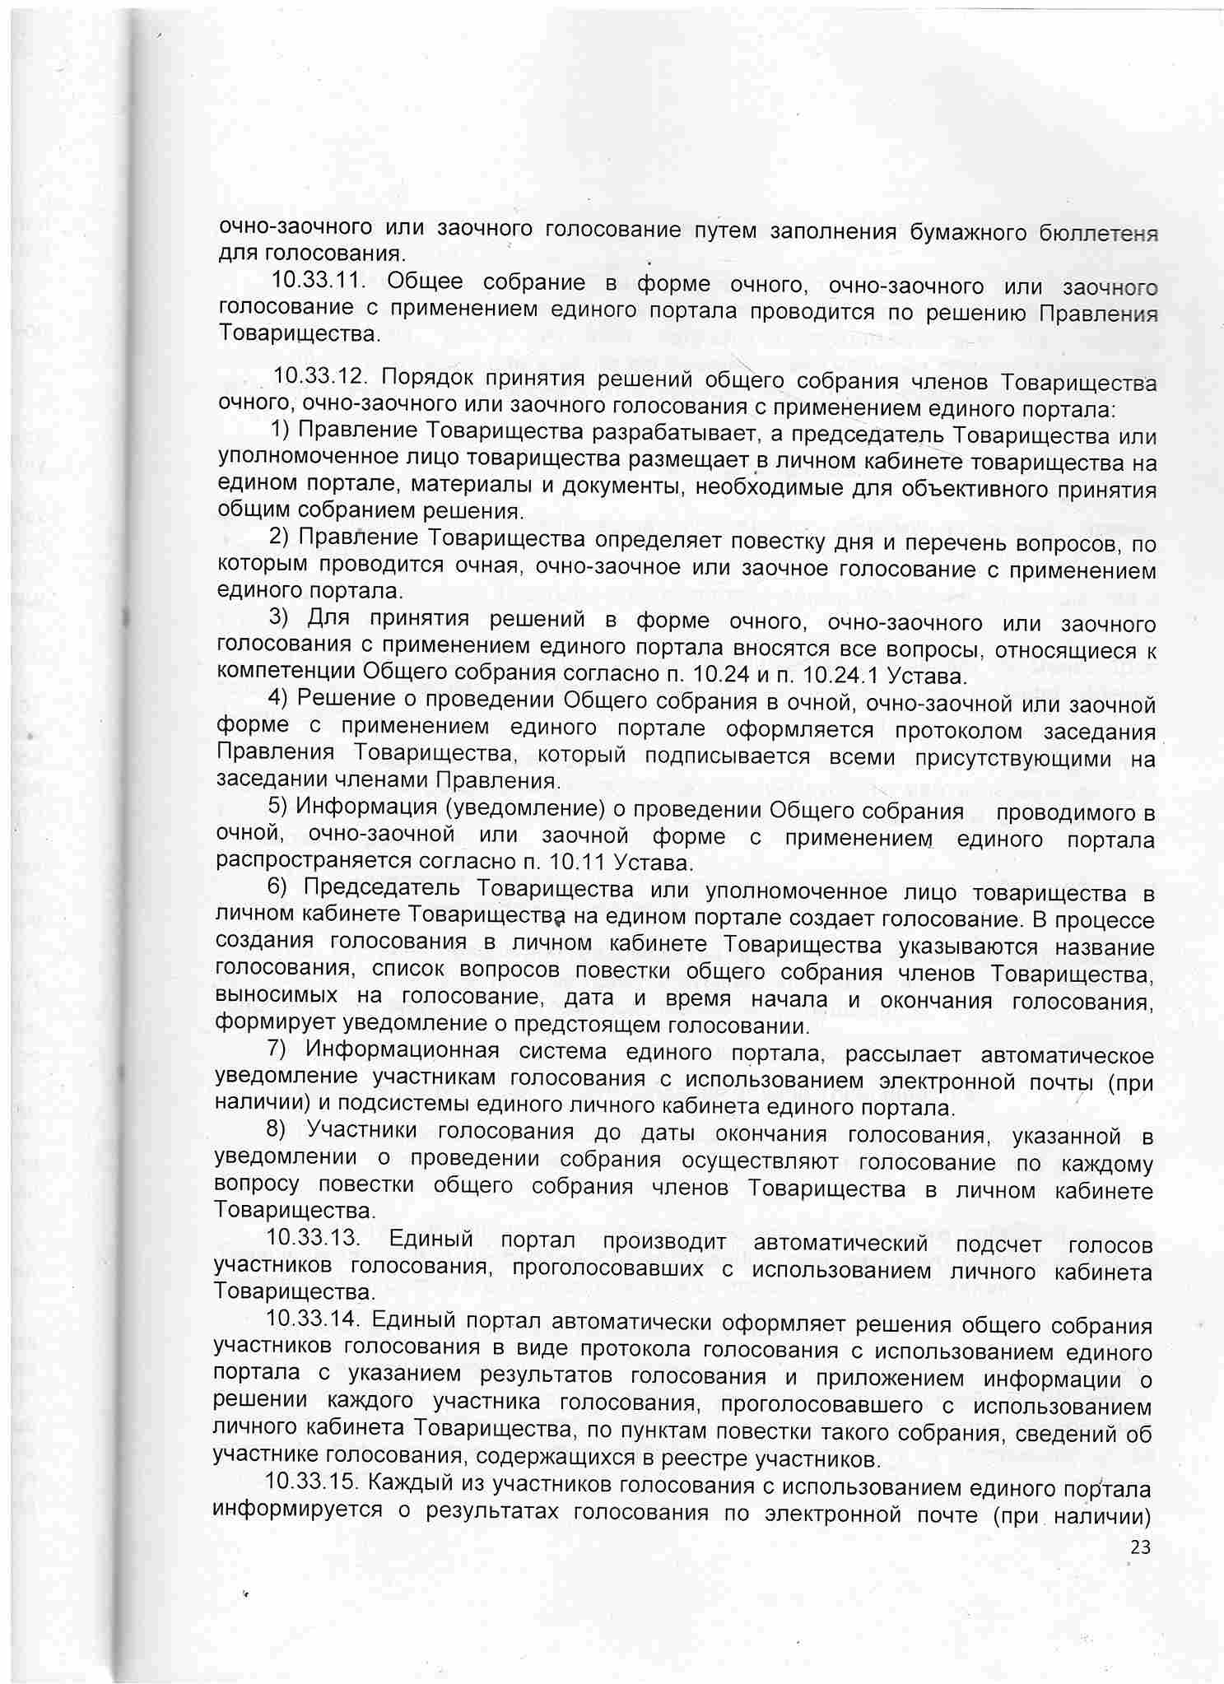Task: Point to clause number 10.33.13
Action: [314, 1237]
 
